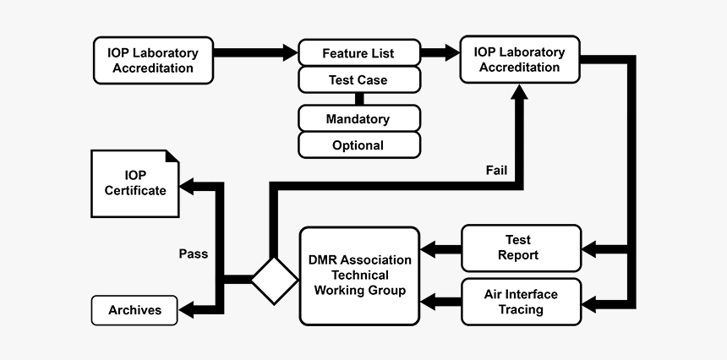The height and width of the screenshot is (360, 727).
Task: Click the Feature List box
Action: [x=358, y=52]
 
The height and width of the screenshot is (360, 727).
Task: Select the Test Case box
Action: [x=358, y=79]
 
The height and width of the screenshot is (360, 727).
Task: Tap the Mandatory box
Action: [x=358, y=119]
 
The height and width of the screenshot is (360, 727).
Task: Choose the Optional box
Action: [x=358, y=145]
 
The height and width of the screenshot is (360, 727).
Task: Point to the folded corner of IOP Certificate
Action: [x=172, y=157]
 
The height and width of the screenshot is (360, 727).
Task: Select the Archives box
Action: [x=135, y=310]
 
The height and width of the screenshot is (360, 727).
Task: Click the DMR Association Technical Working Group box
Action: [x=359, y=275]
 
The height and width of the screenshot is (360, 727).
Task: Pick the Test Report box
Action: [x=521, y=248]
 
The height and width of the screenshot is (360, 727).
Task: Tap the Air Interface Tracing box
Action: [x=521, y=302]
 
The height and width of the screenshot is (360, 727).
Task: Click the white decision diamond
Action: [x=275, y=279]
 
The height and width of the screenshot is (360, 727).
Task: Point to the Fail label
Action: [x=497, y=169]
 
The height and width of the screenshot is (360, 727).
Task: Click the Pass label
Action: [x=193, y=253]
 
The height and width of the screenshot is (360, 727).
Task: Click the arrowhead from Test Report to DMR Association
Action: [x=429, y=248]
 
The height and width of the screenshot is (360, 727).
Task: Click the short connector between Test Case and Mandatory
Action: [x=358, y=99]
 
